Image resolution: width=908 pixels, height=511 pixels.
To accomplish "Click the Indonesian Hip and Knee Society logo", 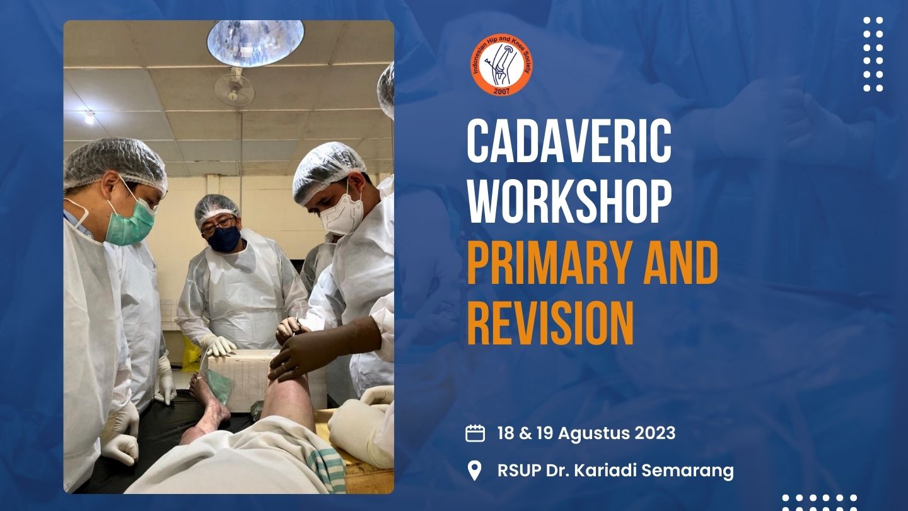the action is [501, 65].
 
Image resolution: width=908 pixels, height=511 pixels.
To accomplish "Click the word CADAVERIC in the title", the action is [569, 141].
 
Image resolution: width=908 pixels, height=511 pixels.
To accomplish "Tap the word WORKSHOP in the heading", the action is [569, 202].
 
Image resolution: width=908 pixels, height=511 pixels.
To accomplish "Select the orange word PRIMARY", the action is [545, 263].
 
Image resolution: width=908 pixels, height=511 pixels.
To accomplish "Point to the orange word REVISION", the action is [550, 324].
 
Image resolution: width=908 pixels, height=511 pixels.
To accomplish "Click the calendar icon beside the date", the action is [475, 433].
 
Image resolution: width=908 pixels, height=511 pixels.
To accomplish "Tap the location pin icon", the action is [475, 471].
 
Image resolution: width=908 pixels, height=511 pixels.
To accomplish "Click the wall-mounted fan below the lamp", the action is [235, 87].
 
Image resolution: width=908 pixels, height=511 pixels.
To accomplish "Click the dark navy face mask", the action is [224, 239].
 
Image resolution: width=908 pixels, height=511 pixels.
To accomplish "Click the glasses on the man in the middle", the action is [219, 225].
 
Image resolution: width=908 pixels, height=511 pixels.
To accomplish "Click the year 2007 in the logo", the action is [501, 91].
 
